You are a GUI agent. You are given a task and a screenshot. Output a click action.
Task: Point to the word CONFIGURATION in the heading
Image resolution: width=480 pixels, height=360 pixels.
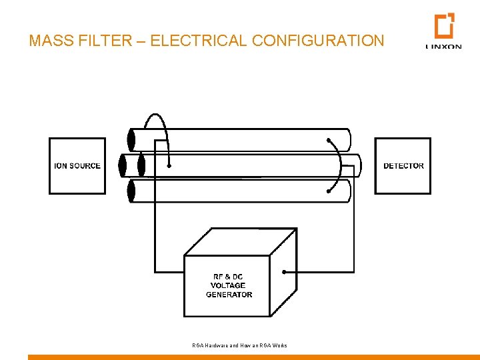[319, 41]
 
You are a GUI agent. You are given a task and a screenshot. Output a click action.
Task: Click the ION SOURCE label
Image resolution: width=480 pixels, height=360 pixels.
[77, 166]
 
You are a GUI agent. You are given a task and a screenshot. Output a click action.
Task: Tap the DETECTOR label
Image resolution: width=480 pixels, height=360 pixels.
[403, 166]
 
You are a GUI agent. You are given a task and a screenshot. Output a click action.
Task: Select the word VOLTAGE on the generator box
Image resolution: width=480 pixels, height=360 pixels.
[228, 285]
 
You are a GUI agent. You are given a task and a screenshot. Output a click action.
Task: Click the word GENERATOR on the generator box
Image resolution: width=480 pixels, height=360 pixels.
[229, 294]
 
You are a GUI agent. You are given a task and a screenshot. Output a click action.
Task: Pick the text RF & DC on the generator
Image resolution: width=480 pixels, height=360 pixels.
[229, 277]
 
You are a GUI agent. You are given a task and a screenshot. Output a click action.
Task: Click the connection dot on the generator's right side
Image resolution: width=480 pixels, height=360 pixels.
[285, 272]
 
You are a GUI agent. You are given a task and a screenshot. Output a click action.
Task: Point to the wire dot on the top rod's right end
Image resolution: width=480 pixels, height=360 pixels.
[329, 140]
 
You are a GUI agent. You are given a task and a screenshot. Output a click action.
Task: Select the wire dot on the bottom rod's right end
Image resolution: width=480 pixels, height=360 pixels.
[329, 191]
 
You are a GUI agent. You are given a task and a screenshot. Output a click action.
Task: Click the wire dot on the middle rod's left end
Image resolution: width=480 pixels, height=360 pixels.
[169, 165]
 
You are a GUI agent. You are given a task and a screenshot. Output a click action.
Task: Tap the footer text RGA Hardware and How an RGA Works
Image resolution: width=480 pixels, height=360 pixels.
[239, 345]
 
